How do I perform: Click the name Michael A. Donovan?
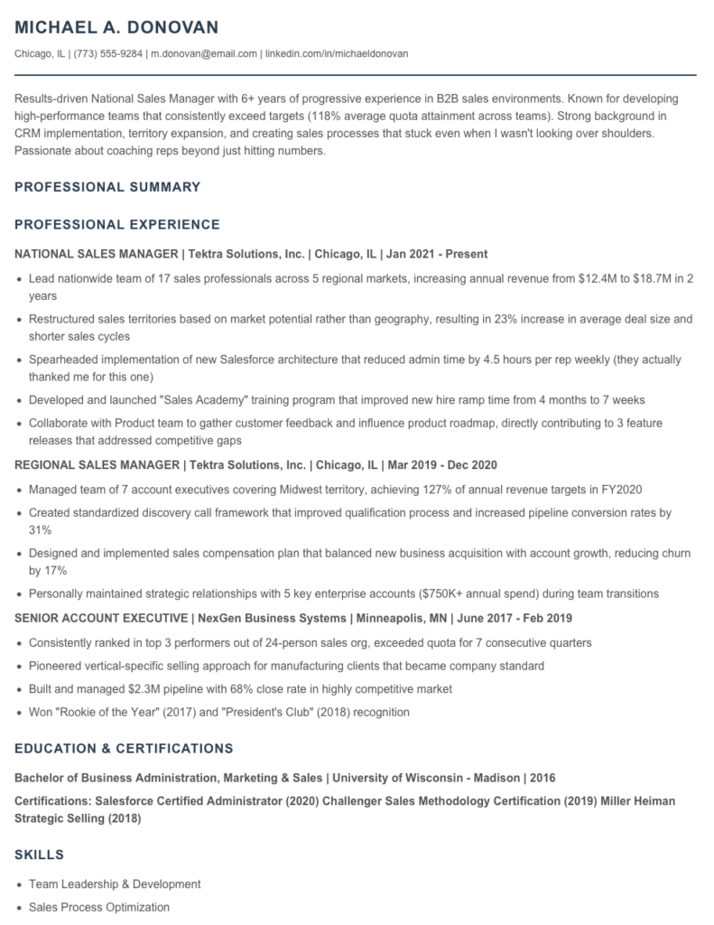click(117, 26)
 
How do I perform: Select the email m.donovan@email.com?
click(203, 53)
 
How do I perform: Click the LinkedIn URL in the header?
click(337, 53)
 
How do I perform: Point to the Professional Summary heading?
click(107, 187)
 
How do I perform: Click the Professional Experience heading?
click(117, 224)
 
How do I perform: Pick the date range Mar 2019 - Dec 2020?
click(443, 464)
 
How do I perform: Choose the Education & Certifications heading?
click(124, 748)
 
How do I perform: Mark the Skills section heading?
click(39, 854)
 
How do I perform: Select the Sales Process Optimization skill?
click(99, 906)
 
